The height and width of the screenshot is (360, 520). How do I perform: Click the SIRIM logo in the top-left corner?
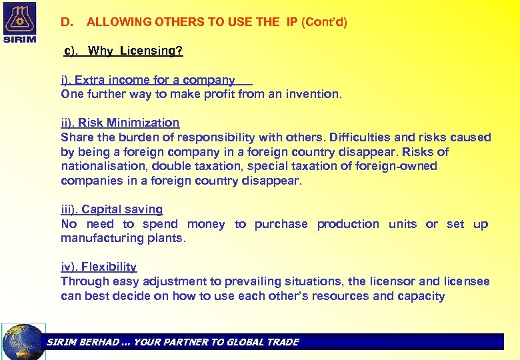click(21, 23)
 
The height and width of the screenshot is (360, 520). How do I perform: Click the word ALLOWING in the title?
click(117, 22)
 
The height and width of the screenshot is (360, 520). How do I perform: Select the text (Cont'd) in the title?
click(325, 22)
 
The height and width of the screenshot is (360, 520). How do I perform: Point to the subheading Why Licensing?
click(135, 51)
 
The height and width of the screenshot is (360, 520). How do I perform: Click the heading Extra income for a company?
click(148, 80)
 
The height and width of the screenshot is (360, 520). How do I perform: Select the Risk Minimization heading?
click(120, 123)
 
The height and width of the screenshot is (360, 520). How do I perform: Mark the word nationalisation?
click(103, 166)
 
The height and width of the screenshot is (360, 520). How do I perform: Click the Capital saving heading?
click(112, 209)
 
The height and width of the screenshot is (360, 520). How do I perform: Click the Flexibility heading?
click(99, 267)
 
